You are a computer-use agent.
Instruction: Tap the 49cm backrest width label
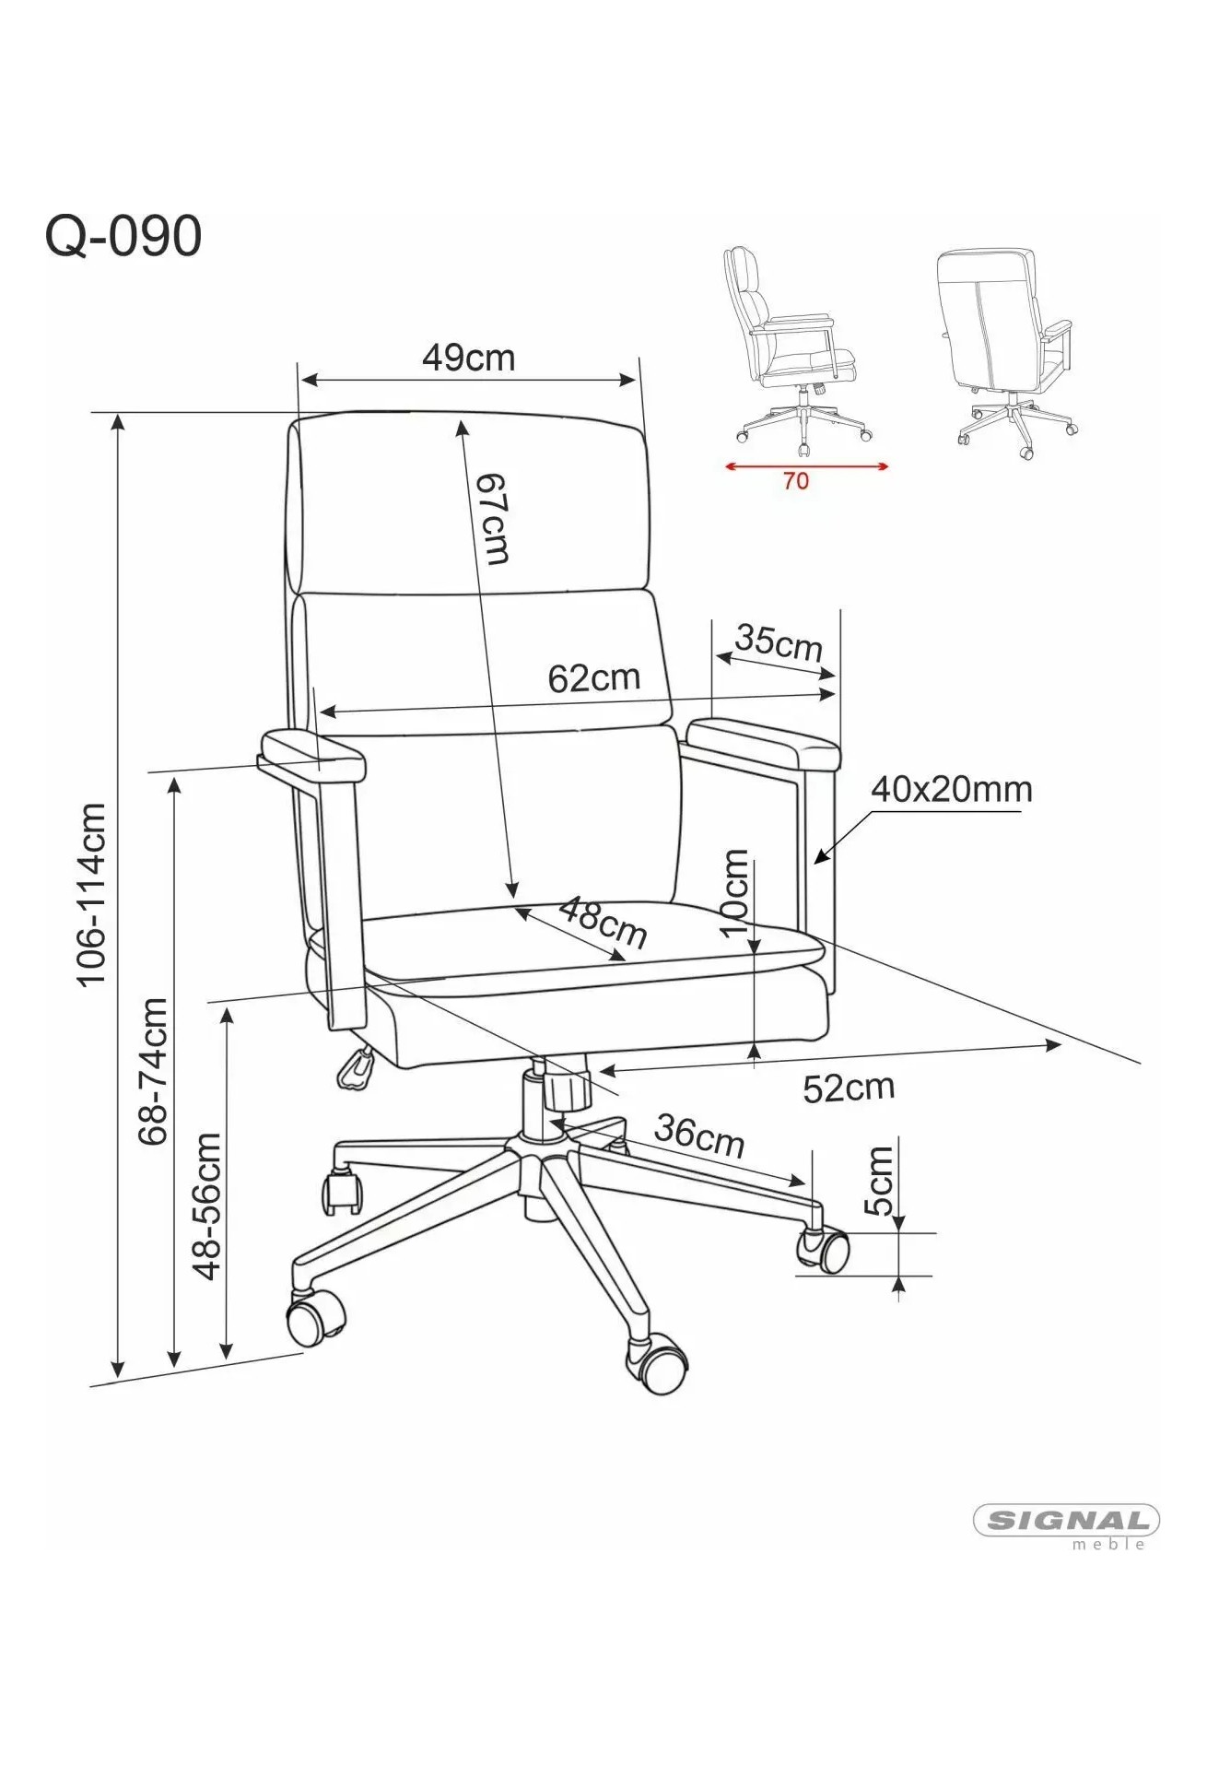click(468, 358)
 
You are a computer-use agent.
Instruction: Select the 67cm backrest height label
click(493, 519)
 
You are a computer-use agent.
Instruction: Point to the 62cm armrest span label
click(593, 678)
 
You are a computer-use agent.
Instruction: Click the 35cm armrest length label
click(779, 641)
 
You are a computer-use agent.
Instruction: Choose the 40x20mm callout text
click(951, 789)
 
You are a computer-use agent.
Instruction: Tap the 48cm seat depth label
click(603, 922)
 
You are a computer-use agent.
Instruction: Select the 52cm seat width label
click(849, 1088)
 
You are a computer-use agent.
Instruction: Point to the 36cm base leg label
click(699, 1135)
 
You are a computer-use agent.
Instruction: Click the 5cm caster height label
click(880, 1182)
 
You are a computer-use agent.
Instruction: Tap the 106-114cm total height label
click(92, 895)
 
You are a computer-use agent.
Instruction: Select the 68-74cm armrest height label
click(153, 1071)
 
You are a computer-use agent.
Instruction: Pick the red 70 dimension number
click(796, 481)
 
